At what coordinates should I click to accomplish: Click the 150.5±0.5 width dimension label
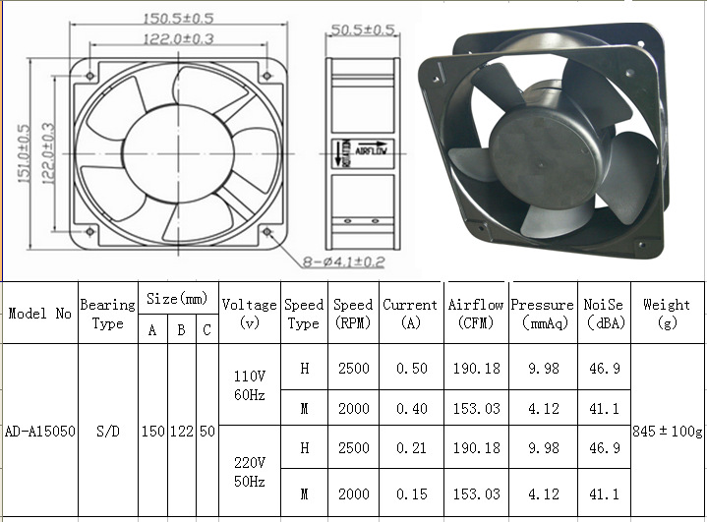(179, 19)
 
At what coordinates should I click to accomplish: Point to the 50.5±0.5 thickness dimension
(363, 29)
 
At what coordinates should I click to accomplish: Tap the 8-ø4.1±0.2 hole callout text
(343, 261)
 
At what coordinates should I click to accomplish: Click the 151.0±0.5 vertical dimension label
(24, 153)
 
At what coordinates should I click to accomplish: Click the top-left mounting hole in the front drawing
(90, 76)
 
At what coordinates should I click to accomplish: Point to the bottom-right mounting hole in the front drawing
(266, 232)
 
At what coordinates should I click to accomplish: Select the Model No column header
(40, 314)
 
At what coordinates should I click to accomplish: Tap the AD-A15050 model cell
(40, 432)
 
